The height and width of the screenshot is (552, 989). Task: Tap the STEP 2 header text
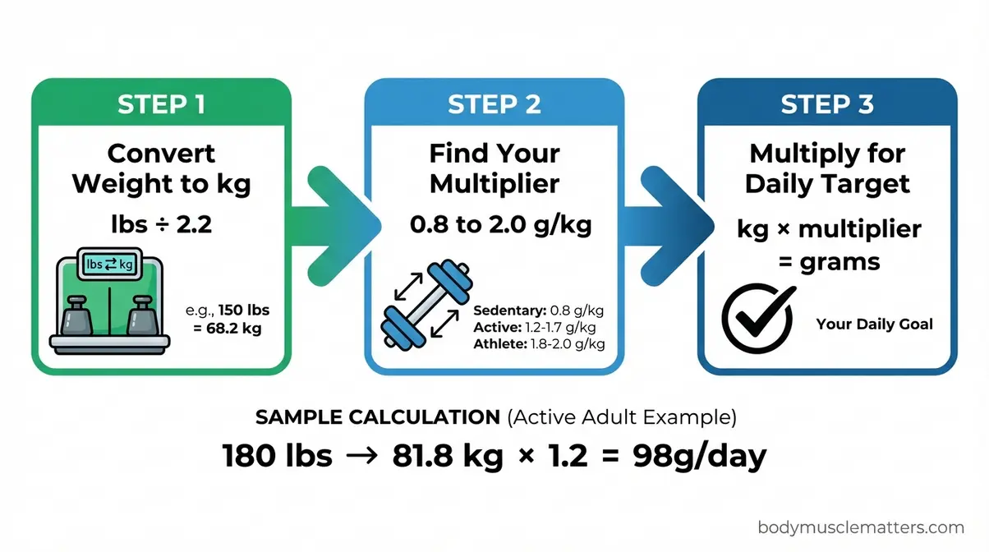pos(494,104)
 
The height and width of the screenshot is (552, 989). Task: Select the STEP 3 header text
pos(827,104)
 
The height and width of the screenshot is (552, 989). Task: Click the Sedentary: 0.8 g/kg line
pos(539,311)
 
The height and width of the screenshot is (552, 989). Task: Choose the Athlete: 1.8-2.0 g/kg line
pos(539,343)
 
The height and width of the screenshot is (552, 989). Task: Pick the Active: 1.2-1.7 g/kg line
pos(539,328)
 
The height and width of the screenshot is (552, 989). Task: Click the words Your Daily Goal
pos(874,324)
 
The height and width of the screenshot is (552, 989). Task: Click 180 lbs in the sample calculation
pos(278,456)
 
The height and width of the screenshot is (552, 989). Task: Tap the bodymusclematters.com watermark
pos(860,527)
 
